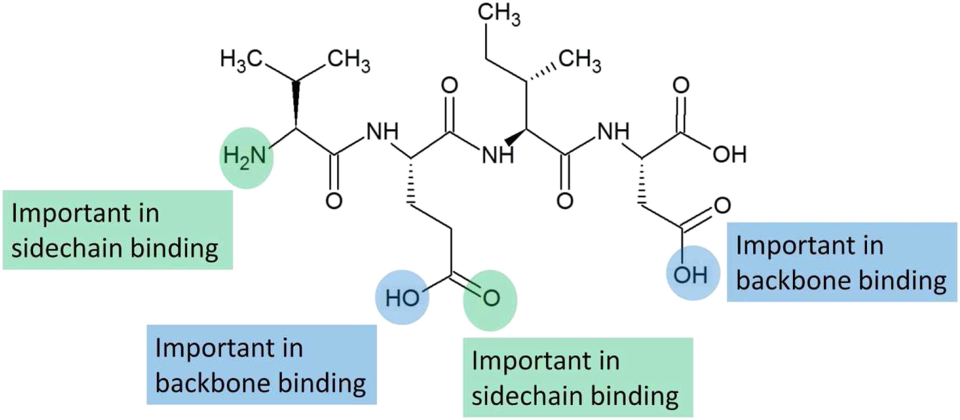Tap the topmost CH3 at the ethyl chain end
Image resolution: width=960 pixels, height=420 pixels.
pyautogui.click(x=498, y=15)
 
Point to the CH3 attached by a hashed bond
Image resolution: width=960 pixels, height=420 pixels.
pyautogui.click(x=579, y=61)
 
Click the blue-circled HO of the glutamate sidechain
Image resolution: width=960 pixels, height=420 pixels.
pyautogui.click(x=402, y=298)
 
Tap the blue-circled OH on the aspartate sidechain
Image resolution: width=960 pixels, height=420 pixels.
pyautogui.click(x=690, y=275)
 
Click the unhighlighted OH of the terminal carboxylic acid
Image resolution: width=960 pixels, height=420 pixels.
pyautogui.click(x=730, y=155)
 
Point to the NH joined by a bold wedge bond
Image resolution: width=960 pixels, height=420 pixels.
pyautogui.click(x=498, y=155)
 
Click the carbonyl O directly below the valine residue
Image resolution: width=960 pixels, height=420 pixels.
pyautogui.click(x=333, y=201)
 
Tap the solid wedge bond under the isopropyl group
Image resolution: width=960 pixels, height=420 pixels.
pyautogui.click(x=296, y=104)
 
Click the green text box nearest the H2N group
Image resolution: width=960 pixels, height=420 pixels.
pyautogui.click(x=117, y=230)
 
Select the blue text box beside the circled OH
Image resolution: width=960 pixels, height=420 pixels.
pyautogui.click(x=841, y=262)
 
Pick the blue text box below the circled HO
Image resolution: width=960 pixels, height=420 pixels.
pyautogui.click(x=261, y=365)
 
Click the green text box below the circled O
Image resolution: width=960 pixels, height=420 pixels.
pyautogui.click(x=577, y=377)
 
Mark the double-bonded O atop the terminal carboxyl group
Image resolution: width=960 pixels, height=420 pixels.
pyautogui.click(x=681, y=85)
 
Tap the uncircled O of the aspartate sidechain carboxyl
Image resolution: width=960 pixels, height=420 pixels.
pyautogui.click(x=723, y=206)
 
